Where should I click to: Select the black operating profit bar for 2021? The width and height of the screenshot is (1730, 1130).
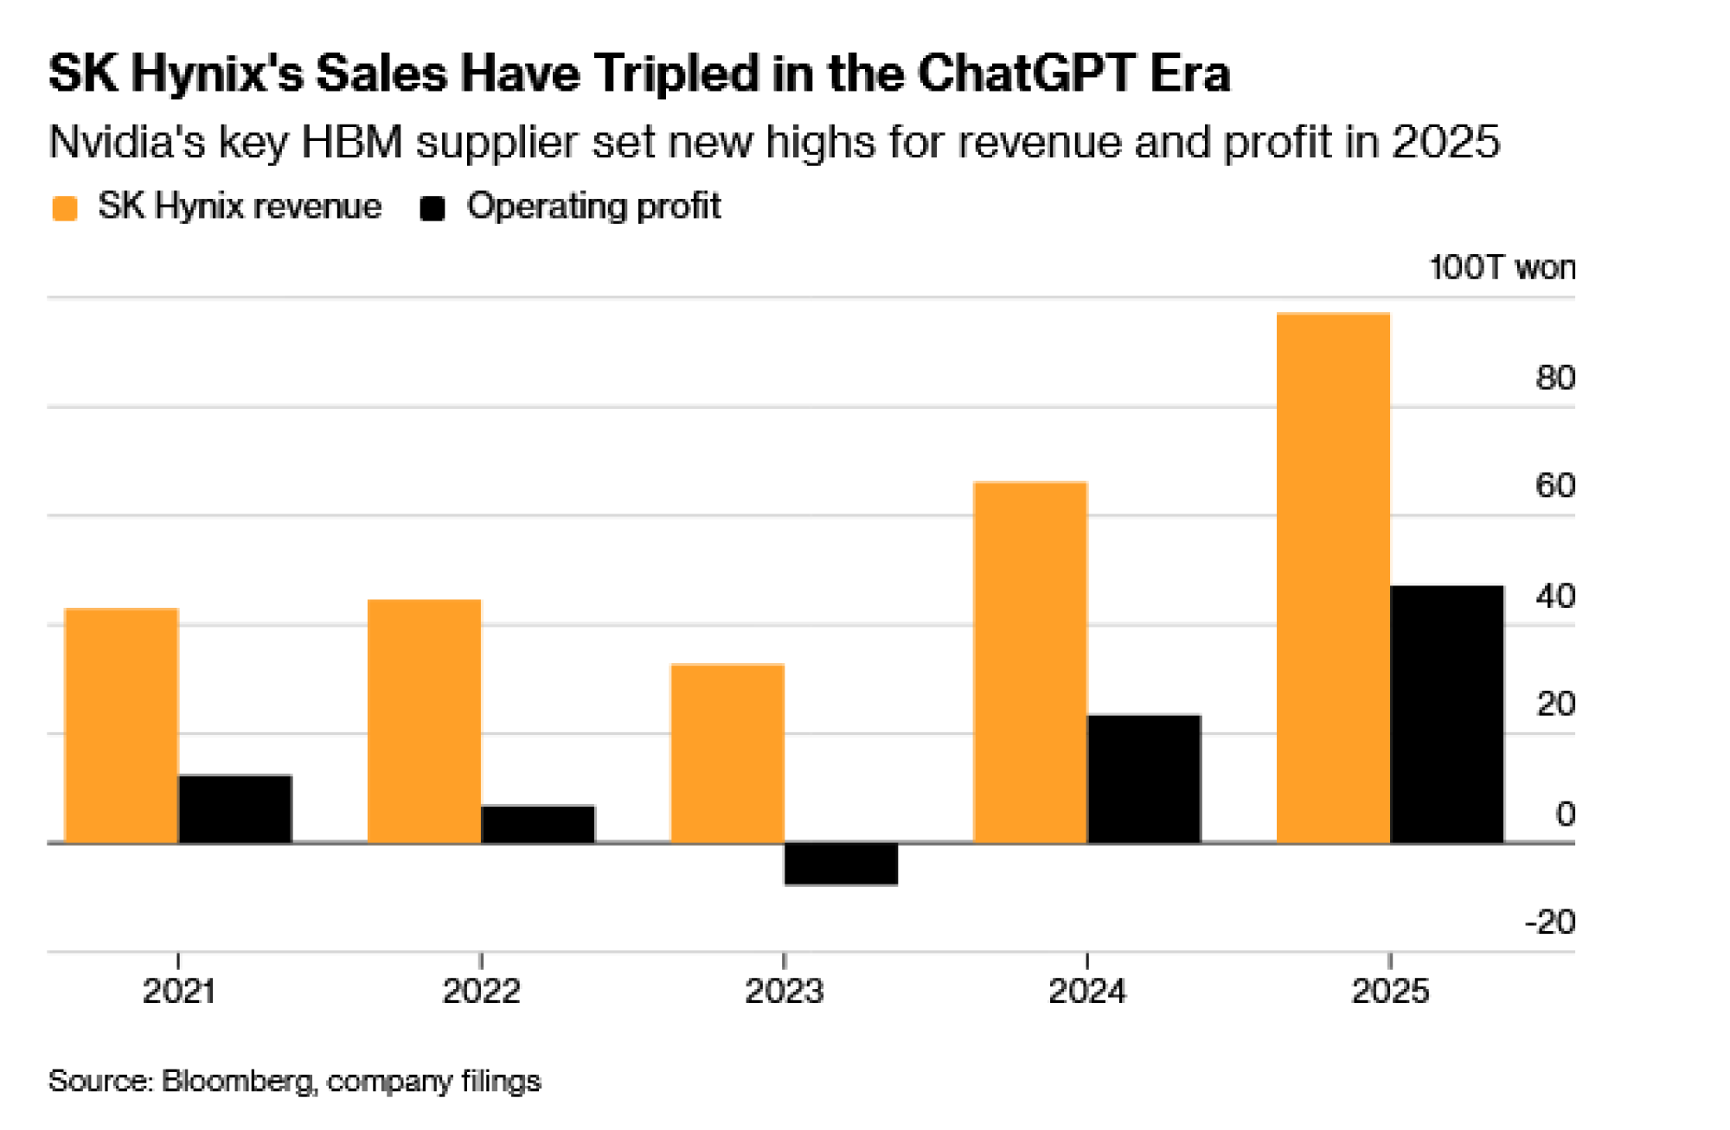point(235,808)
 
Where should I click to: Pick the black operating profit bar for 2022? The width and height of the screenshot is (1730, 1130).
point(538,824)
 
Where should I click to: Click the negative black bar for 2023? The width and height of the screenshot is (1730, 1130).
point(841,864)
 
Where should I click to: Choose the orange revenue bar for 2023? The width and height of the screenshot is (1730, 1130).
point(727,752)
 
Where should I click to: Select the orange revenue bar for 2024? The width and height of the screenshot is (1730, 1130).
point(1030,661)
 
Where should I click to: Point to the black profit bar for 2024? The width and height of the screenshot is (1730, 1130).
point(1144,778)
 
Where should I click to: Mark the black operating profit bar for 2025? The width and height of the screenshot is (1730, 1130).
point(1446,713)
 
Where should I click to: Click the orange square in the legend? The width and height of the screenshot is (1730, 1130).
point(65,208)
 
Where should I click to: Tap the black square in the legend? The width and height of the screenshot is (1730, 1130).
point(432,208)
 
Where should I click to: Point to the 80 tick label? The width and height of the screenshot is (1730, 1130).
point(1554,378)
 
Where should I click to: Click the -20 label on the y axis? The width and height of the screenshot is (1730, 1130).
point(1549,923)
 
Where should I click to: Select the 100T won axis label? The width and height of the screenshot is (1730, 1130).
point(1502,267)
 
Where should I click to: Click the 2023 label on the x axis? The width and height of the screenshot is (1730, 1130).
point(784,991)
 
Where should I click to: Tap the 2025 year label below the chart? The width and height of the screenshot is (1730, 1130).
point(1390,991)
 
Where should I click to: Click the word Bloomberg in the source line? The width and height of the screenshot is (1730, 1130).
point(237,1081)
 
